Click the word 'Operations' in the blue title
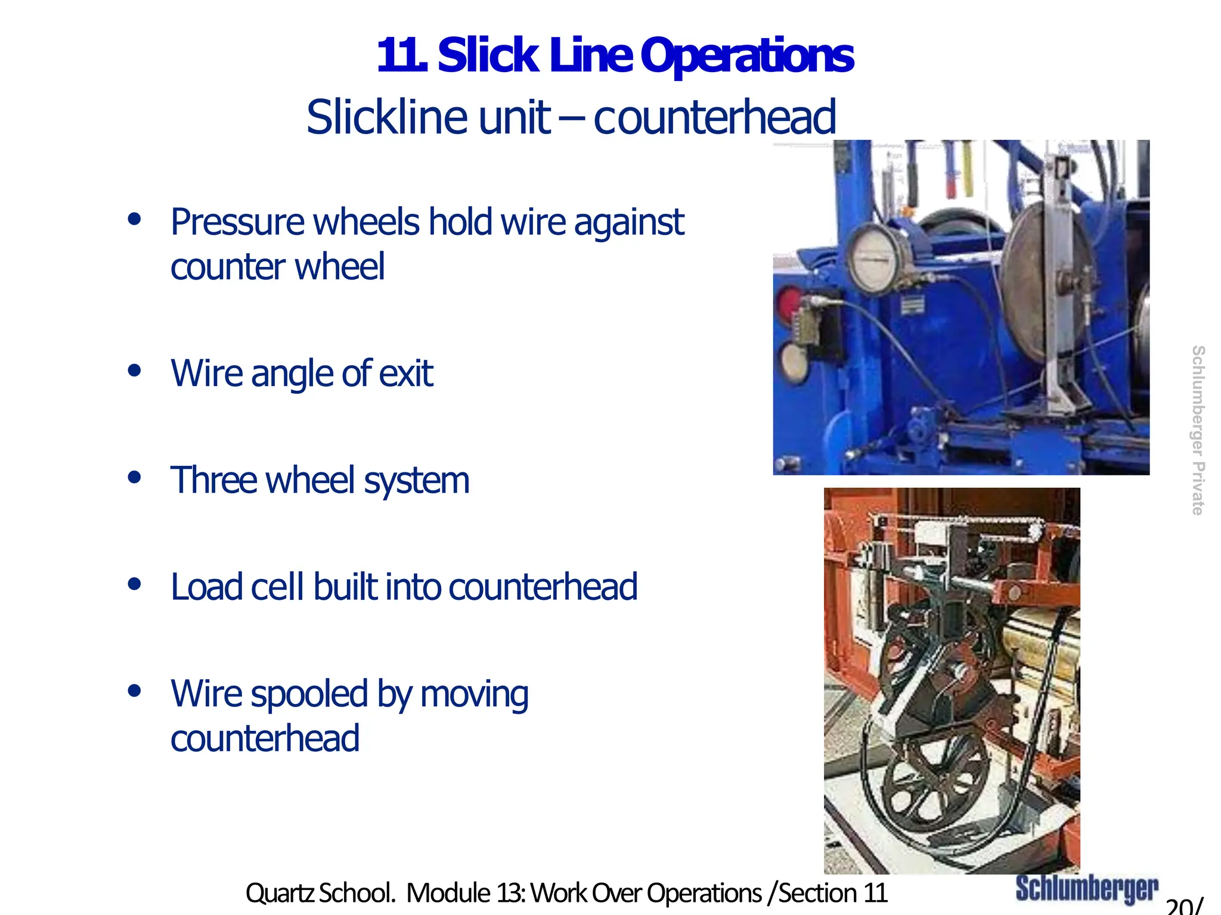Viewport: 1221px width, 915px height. coord(747,55)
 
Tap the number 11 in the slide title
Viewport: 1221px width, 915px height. coord(401,55)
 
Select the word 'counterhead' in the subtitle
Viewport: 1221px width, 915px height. coord(714,117)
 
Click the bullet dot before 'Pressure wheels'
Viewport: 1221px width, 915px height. coord(135,219)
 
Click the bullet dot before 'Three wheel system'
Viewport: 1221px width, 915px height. coord(135,477)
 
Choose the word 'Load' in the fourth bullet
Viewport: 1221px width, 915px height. coord(206,587)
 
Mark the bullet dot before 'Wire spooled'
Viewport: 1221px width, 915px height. coord(135,691)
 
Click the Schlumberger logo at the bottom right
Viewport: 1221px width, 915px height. coord(1086,889)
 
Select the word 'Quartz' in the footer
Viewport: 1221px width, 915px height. coord(278,893)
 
